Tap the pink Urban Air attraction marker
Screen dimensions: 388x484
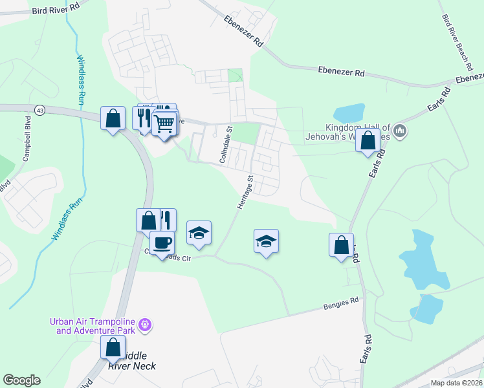point(145,324)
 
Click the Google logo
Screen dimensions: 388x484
point(21,380)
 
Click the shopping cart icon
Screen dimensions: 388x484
point(165,122)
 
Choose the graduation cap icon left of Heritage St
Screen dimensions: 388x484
point(199,233)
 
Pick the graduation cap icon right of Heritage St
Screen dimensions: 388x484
point(266,241)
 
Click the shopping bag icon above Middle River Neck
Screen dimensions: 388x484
point(113,347)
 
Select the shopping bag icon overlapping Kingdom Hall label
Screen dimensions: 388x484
point(368,140)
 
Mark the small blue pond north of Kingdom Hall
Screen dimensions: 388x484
point(349,113)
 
